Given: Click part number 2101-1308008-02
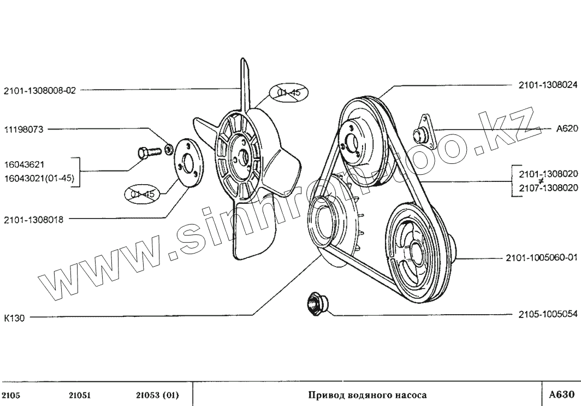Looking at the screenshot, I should (x=39, y=91).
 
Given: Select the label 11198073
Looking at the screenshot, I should (x=23, y=130).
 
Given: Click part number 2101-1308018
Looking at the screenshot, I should (x=33, y=220).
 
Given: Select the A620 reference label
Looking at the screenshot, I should (x=565, y=130).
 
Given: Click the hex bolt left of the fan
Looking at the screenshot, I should (x=144, y=152).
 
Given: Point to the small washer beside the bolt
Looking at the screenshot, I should (x=169, y=146).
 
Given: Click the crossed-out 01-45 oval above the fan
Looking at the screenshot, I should (x=288, y=94).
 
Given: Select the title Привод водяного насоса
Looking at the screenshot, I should (x=367, y=395).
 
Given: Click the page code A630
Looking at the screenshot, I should (x=562, y=394).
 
